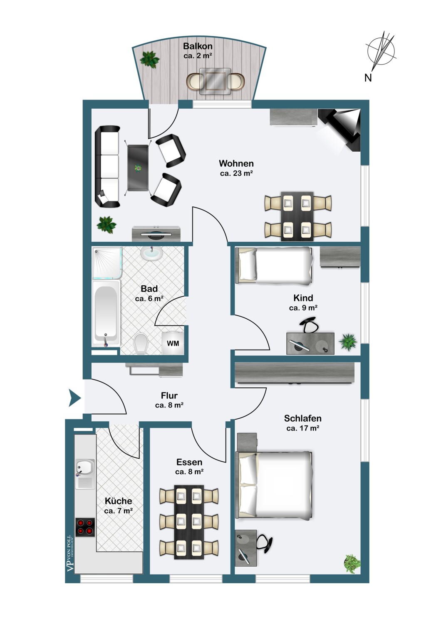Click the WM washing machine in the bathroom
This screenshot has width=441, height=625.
coord(173,343)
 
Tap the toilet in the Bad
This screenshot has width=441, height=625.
coord(141,344)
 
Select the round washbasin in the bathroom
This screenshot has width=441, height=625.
coord(151,253)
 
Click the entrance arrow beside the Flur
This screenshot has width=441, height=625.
coord(75,397)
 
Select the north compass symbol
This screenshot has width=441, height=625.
coord(380,55)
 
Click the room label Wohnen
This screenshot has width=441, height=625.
coord(236,163)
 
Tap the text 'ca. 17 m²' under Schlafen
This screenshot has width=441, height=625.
coord(302,428)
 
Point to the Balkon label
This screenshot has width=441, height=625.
coord(198,46)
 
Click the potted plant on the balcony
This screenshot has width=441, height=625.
coord(150,59)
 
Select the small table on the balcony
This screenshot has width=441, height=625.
coord(215,81)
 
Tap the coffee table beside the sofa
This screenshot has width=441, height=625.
coord(138,168)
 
